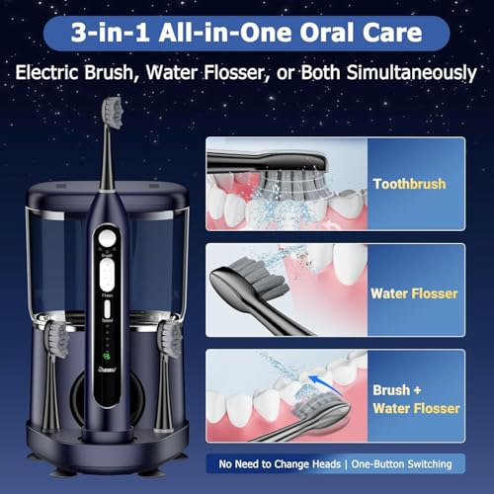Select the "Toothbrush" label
[x=408, y=184]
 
